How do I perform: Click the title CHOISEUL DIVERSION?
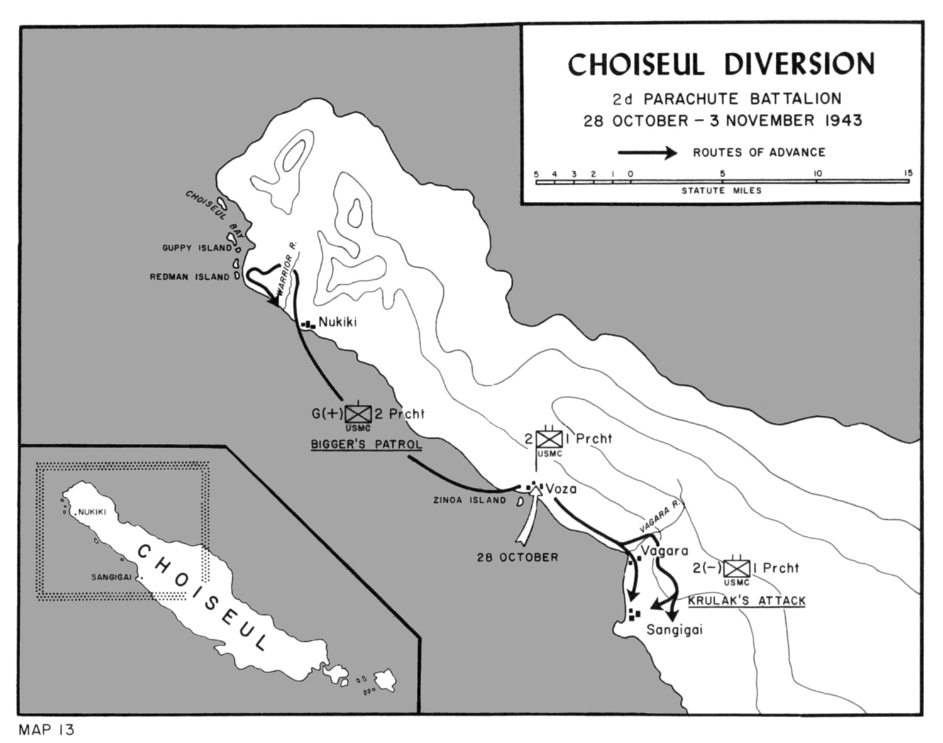click(722, 64)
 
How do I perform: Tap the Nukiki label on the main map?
click(338, 322)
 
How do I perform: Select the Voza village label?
click(561, 488)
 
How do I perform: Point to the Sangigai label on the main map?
click(675, 630)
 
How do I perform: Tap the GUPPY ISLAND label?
click(196, 248)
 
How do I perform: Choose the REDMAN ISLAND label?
click(189, 277)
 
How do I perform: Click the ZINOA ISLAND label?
click(469, 500)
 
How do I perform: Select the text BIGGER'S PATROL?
click(367, 445)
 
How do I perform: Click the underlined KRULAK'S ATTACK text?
click(746, 601)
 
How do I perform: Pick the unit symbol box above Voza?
click(549, 438)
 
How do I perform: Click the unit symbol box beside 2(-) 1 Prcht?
click(736, 568)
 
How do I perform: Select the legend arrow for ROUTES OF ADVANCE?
click(648, 153)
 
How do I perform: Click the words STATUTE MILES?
click(721, 190)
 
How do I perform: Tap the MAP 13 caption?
click(47, 730)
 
